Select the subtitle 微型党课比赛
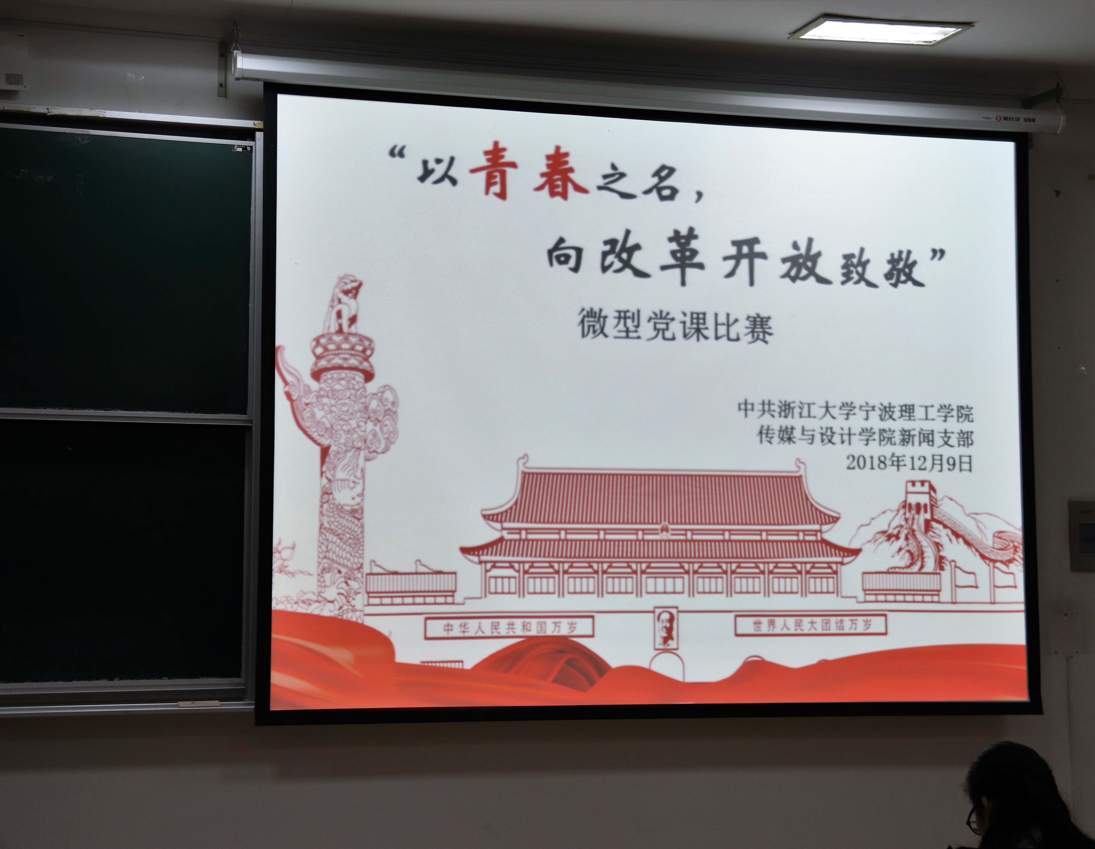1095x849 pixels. tap(675, 326)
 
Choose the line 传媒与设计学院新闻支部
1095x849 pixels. tap(865, 437)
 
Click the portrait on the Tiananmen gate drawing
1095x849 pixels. tap(666, 628)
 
